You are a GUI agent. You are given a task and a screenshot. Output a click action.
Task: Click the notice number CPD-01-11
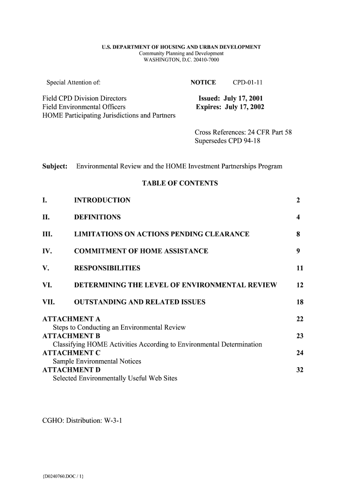(248, 83)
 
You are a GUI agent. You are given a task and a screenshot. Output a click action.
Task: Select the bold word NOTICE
(203, 83)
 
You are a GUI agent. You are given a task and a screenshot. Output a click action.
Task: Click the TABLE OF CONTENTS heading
(180, 183)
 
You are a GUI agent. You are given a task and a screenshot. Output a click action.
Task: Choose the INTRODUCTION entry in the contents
(102, 201)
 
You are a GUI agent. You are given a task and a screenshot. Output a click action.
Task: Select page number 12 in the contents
(300, 285)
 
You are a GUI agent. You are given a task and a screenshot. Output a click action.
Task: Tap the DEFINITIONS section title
(97, 218)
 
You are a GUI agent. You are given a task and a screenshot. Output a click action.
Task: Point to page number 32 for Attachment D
(300, 370)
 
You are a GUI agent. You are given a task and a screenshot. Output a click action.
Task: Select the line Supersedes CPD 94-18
(227, 141)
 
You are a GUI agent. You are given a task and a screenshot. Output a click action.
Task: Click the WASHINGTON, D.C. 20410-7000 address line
(181, 60)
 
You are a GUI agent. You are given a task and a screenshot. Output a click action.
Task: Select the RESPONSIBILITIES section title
(107, 269)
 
